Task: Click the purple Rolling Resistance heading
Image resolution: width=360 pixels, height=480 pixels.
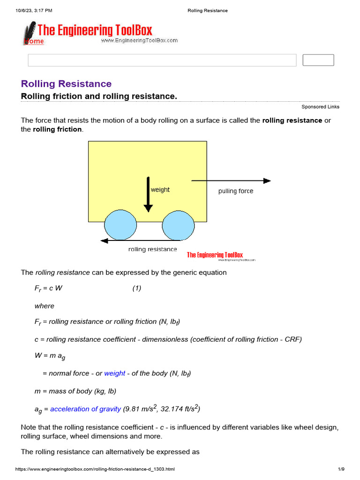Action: click(66, 84)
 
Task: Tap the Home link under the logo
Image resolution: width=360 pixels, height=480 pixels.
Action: click(34, 41)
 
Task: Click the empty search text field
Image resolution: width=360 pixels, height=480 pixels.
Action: click(162, 60)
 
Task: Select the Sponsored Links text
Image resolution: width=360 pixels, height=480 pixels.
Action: click(320, 107)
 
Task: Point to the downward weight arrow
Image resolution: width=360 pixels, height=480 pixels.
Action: click(148, 195)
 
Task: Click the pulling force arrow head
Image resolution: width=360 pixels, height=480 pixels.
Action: click(267, 180)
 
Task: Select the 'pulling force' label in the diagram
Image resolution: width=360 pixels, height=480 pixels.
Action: click(236, 191)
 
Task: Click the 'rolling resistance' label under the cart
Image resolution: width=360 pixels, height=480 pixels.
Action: click(153, 249)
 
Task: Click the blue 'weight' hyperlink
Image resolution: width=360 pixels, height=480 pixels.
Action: click(114, 374)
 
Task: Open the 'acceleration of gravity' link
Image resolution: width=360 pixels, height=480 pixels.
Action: click(85, 409)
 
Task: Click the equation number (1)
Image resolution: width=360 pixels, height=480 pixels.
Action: click(136, 289)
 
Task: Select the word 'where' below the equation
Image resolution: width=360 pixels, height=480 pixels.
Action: click(45, 306)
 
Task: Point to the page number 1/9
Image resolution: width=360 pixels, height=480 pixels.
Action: click(341, 469)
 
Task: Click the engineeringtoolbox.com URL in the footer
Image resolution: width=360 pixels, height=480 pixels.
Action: click(95, 469)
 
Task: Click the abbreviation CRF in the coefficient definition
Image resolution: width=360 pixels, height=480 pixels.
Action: click(292, 339)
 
